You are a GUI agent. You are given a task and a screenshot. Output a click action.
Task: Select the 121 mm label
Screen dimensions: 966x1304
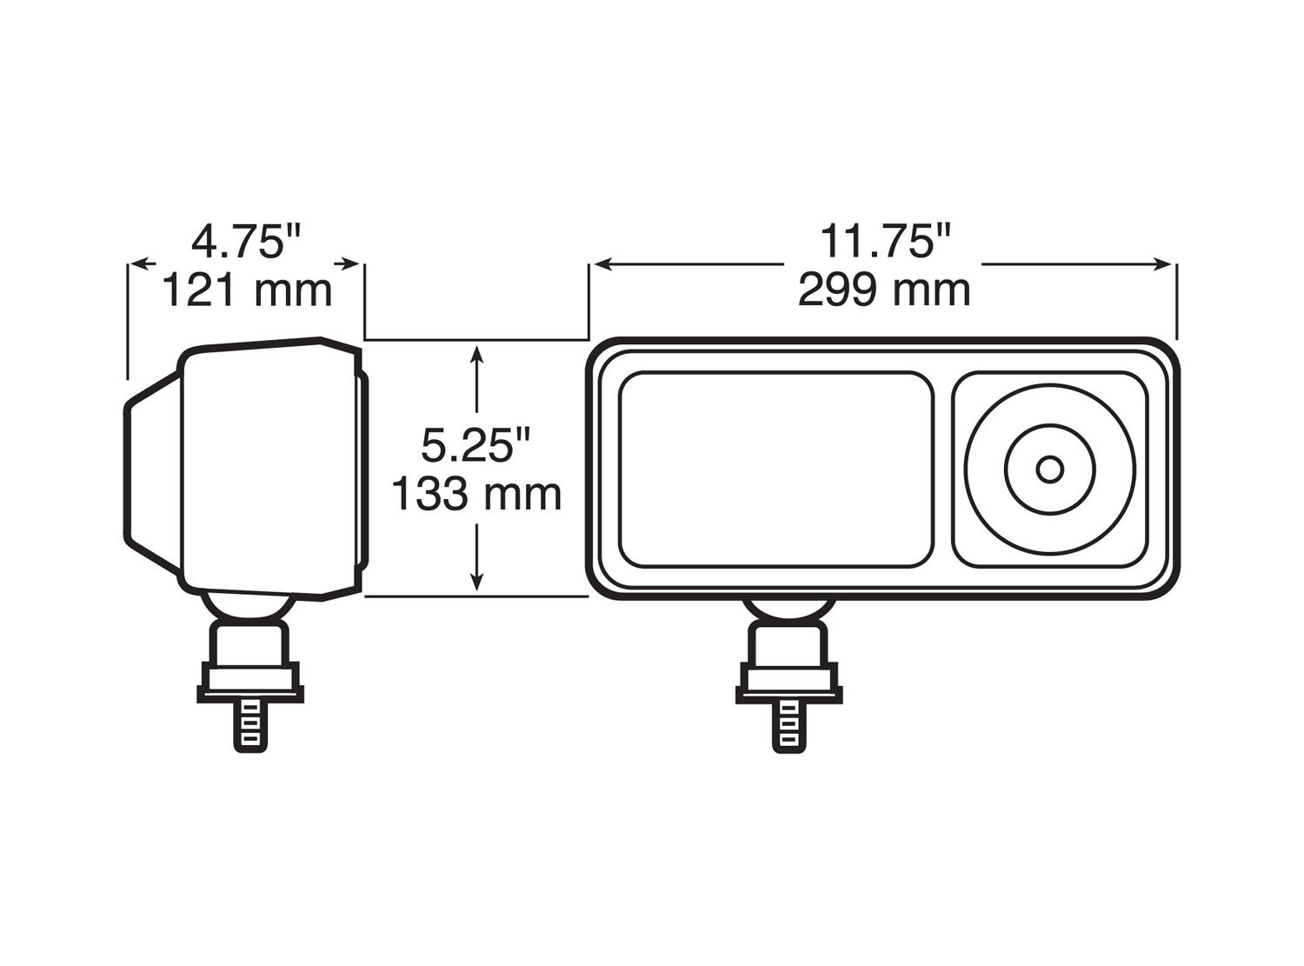click(246, 290)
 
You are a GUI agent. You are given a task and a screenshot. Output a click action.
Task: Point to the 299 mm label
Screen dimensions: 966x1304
click(884, 290)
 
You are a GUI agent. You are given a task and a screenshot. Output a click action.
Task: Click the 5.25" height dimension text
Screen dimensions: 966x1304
click(476, 446)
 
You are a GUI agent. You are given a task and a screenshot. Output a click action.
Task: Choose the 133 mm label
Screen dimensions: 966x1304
click(476, 495)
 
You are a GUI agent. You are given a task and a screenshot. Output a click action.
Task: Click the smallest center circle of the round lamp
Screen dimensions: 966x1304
click(1049, 470)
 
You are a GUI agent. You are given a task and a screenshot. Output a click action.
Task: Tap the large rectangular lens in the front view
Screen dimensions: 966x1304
click(775, 470)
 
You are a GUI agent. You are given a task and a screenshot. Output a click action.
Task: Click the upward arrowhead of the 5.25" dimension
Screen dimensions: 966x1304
click(476, 353)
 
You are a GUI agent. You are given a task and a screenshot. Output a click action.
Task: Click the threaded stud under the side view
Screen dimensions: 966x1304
click(249, 726)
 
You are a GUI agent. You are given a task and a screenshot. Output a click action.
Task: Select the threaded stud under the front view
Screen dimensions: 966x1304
click(788, 726)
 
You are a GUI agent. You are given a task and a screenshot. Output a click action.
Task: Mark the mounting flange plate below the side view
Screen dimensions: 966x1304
click(250, 692)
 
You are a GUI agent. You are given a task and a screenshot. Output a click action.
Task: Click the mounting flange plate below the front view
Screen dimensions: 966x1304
click(789, 692)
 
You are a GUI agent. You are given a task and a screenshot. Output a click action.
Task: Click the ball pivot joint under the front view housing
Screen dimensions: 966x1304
click(788, 610)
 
